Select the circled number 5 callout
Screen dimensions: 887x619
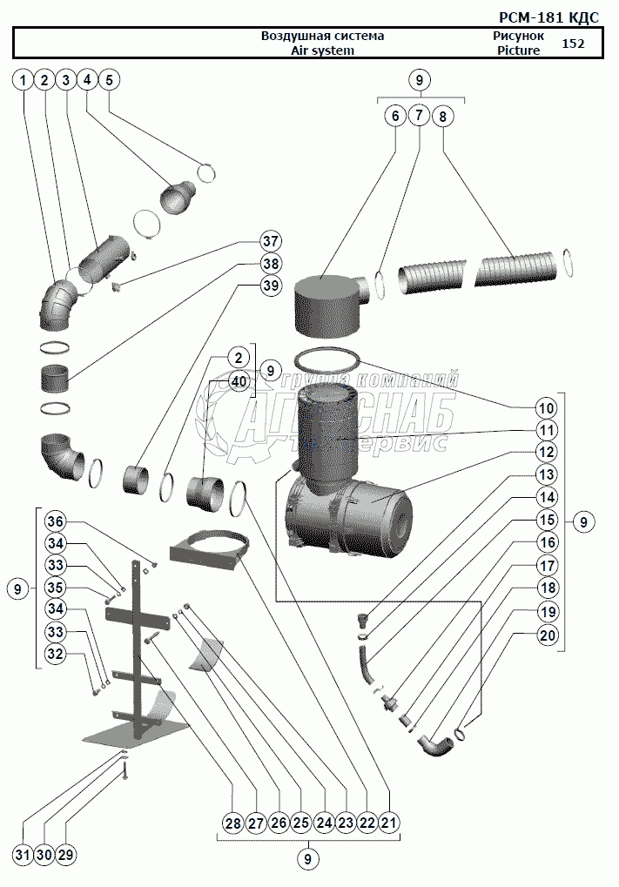[x=108, y=80]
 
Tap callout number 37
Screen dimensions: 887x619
[x=271, y=241]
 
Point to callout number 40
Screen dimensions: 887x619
[x=238, y=380]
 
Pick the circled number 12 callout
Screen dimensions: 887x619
[x=546, y=452]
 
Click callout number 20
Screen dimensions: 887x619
[x=546, y=635]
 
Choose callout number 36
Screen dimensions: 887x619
[x=57, y=521]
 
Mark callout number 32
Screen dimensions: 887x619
[x=57, y=654]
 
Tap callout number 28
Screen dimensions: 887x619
[x=232, y=822]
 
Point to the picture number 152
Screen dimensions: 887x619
[x=573, y=44]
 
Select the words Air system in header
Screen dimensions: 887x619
[x=322, y=50]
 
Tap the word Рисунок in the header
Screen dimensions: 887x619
[x=518, y=36]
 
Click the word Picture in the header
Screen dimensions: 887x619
[x=518, y=50]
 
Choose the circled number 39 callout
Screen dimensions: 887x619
[x=271, y=286]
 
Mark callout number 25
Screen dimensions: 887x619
[x=301, y=822]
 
